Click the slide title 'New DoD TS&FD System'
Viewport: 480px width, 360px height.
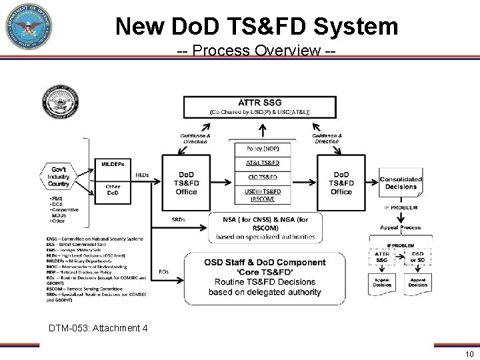[257, 26]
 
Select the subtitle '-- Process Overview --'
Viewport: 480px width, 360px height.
[257, 51]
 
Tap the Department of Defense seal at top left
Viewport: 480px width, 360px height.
[28, 28]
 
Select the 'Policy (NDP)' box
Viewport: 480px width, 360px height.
[263, 147]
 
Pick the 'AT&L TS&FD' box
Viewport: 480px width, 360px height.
[263, 162]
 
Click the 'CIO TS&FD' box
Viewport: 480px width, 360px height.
[263, 177]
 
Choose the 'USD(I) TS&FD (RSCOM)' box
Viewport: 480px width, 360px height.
[263, 194]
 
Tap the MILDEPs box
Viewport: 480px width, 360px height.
[116, 165]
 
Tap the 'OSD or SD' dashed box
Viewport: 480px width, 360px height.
[418, 257]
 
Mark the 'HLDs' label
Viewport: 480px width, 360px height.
[143, 175]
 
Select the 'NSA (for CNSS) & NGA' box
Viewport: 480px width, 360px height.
[266, 227]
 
